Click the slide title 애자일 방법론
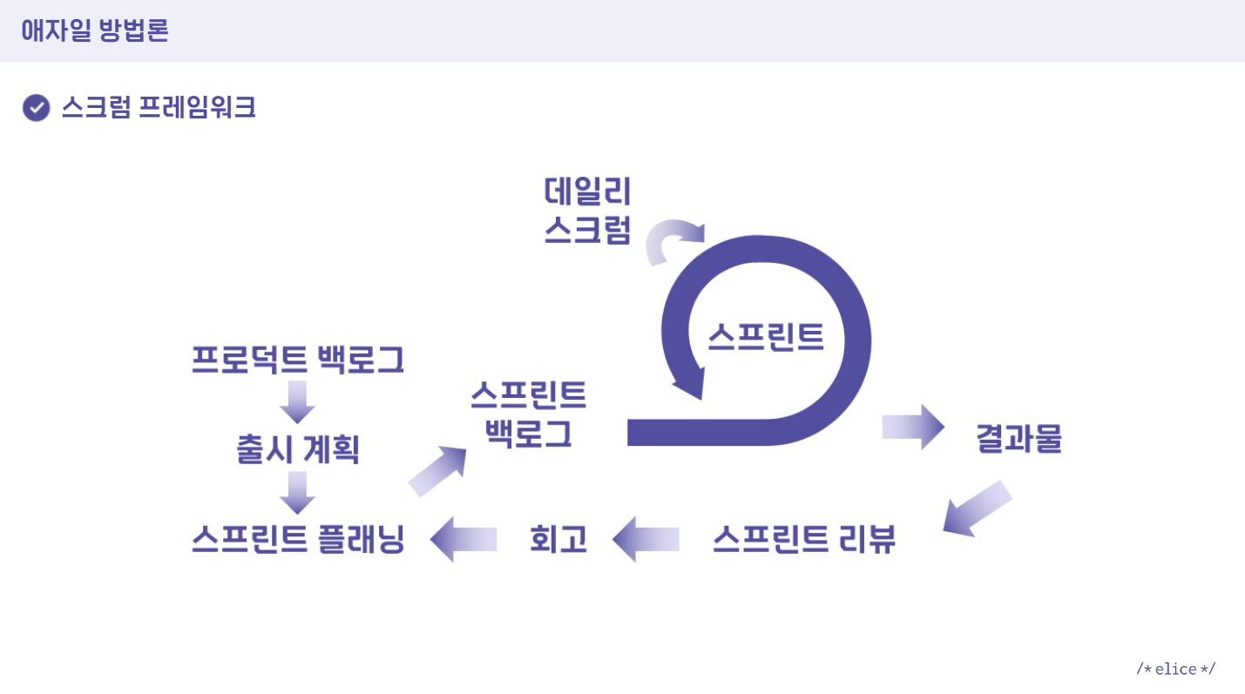click(95, 31)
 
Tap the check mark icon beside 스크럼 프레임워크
click(36, 108)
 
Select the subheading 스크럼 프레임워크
click(158, 108)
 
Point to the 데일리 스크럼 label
click(587, 210)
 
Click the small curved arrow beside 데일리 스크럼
click(672, 239)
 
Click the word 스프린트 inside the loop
click(765, 335)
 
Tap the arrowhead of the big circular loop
click(688, 384)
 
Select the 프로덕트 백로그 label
click(298, 360)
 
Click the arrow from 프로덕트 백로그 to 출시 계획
click(297, 401)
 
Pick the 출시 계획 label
click(298, 449)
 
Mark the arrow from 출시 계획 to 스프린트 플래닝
click(297, 493)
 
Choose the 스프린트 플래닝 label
click(298, 539)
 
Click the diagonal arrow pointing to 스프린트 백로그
click(437, 471)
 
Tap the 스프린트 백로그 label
click(528, 414)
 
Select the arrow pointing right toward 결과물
click(913, 427)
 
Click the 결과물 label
click(1019, 439)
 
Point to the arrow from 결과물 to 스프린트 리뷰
click(977, 508)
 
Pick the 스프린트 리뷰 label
click(803, 540)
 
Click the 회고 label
click(558, 540)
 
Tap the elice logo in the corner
click(1175, 669)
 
